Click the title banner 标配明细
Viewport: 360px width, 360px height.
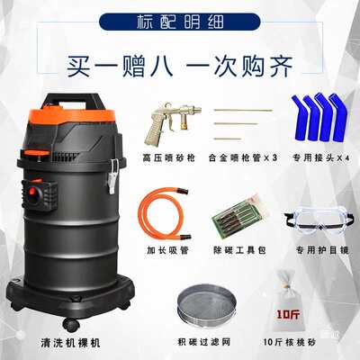(x=180, y=20)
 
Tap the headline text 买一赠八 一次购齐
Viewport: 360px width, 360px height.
(x=181, y=66)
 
